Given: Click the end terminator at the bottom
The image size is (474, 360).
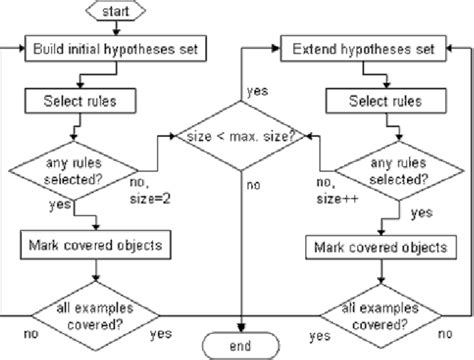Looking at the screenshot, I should point(240,345).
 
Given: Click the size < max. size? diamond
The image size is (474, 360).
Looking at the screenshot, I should point(240,133).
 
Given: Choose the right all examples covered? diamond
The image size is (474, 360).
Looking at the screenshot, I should point(371,312).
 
